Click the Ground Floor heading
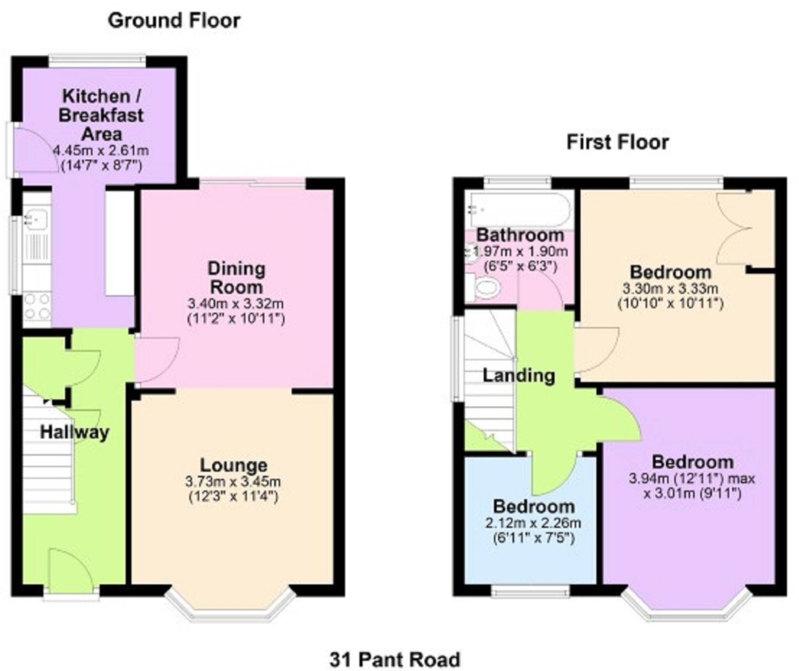click(x=174, y=21)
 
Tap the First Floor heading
click(x=617, y=142)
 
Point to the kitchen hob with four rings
click(x=37, y=306)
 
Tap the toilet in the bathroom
click(x=486, y=288)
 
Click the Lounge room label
click(x=234, y=465)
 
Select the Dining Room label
click(x=236, y=278)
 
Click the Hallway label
click(x=75, y=432)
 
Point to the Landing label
click(x=518, y=376)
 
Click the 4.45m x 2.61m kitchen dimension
click(x=101, y=151)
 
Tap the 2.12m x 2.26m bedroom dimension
click(x=533, y=523)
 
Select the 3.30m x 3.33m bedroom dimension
click(x=670, y=289)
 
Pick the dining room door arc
click(x=156, y=360)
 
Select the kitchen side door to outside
click(x=33, y=150)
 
